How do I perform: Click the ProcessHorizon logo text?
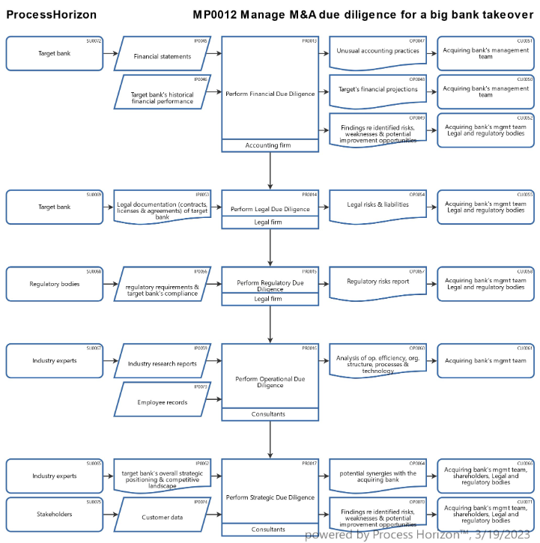50,14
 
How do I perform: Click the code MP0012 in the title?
217,14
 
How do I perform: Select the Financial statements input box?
163,56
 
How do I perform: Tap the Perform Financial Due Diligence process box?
270,93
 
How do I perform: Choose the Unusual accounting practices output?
377,52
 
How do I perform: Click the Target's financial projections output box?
377,90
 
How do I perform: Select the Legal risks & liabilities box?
377,204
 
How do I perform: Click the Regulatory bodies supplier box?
55,285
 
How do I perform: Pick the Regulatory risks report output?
377,282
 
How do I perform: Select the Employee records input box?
162,402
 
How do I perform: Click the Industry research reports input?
163,364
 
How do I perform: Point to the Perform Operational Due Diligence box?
270,380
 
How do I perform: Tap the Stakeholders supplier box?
55,515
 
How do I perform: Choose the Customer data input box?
162,517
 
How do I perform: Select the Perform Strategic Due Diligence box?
270,497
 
